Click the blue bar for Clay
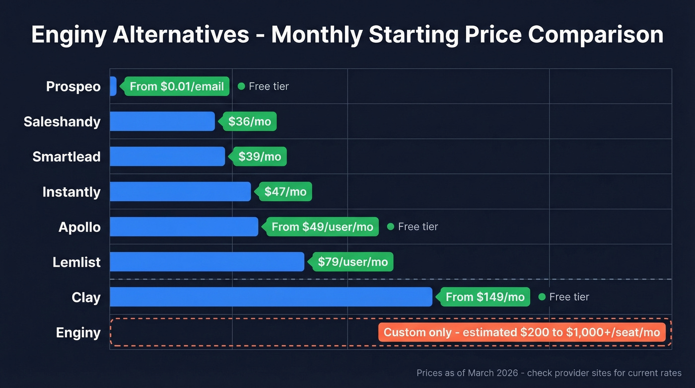tap(271, 297)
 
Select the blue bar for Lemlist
tap(207, 262)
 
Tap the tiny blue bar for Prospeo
tap(113, 86)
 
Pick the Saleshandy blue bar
tap(162, 121)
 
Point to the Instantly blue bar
tap(180, 192)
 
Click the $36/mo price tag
tap(250, 121)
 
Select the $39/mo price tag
tap(260, 156)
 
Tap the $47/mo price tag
tap(285, 192)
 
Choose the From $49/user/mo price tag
tap(322, 227)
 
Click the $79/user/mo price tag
tap(352, 262)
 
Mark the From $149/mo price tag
tap(485, 297)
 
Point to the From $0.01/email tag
tap(177, 86)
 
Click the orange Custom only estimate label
tap(522, 332)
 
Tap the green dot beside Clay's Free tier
tap(542, 297)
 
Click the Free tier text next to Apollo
tap(418, 227)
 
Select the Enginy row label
tap(78, 332)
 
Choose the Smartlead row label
tap(67, 156)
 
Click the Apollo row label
tap(79, 227)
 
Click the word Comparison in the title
tap(596, 35)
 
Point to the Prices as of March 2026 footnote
tap(549, 373)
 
